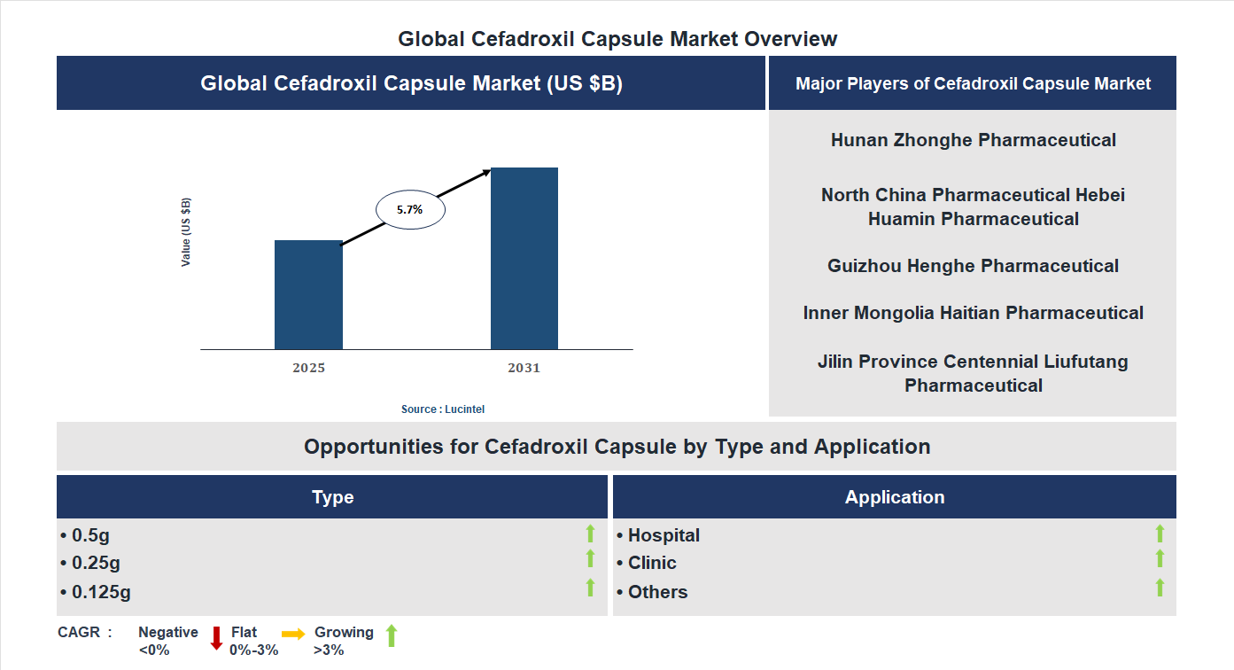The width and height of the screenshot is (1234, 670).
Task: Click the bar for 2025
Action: pyautogui.click(x=308, y=294)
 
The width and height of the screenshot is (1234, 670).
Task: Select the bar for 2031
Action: pyautogui.click(x=524, y=258)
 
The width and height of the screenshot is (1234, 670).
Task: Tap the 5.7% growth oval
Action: pyautogui.click(x=410, y=210)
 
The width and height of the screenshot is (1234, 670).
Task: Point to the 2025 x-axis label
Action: pyautogui.click(x=308, y=368)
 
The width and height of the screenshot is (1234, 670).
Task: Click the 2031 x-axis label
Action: pyautogui.click(x=524, y=368)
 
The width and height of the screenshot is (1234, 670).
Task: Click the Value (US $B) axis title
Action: pyautogui.click(x=186, y=232)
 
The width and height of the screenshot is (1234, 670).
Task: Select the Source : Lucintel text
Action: pyautogui.click(x=443, y=409)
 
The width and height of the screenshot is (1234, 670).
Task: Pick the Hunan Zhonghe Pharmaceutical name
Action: pyautogui.click(x=973, y=140)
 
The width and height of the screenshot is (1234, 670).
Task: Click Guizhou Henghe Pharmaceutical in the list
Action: pyautogui.click(x=973, y=266)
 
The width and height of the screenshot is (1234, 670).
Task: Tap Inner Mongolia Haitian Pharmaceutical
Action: pyautogui.click(x=973, y=313)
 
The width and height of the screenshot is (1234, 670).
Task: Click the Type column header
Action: pyautogui.click(x=332, y=497)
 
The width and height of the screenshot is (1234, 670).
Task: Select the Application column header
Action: pyautogui.click(x=894, y=497)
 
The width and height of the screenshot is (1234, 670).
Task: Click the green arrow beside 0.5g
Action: pyautogui.click(x=590, y=533)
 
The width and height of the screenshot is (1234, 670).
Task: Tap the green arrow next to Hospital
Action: pyautogui.click(x=1160, y=533)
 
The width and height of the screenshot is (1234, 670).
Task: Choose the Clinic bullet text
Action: pyautogui.click(x=651, y=563)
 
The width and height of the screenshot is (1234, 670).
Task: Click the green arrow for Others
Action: pyautogui.click(x=1160, y=588)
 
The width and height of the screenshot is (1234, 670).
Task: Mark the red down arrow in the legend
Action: pyautogui.click(x=216, y=638)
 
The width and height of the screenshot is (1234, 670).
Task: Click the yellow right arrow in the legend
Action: pyautogui.click(x=293, y=634)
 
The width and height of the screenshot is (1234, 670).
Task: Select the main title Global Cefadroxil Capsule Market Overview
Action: pyautogui.click(x=617, y=39)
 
